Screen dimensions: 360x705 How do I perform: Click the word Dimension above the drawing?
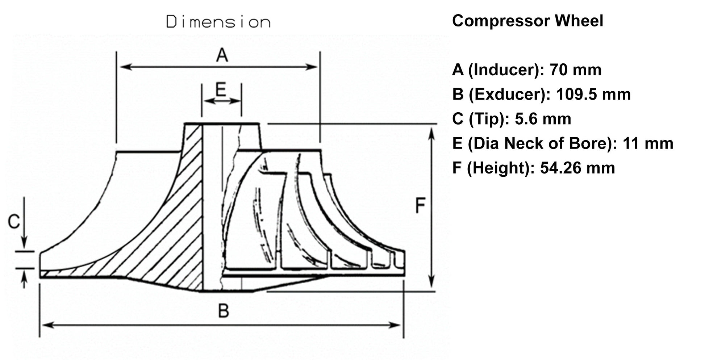(x=218, y=22)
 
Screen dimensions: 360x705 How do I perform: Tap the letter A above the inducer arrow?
(x=222, y=56)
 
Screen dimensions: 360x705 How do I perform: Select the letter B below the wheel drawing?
(x=224, y=310)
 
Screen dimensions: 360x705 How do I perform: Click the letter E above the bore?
(x=221, y=89)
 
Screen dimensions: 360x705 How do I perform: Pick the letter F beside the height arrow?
(x=420, y=206)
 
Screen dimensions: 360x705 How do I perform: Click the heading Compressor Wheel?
(x=527, y=21)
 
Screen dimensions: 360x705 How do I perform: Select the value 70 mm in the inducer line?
(x=575, y=70)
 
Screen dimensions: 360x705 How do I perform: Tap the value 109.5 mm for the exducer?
(x=593, y=94)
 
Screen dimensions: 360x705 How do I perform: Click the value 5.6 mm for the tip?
(x=543, y=119)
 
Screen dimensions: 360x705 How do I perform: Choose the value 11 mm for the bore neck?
(x=648, y=143)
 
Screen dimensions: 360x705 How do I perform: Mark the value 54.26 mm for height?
(x=577, y=168)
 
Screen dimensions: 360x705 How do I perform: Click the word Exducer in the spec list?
(x=507, y=94)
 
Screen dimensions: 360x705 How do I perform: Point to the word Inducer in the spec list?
(x=505, y=70)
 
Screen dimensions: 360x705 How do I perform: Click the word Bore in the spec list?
(x=589, y=143)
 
